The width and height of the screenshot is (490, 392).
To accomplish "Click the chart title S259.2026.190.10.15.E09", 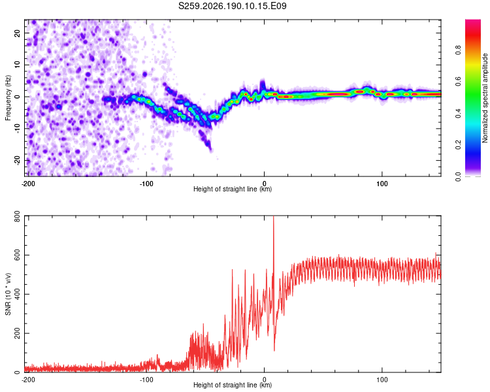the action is point(232,6).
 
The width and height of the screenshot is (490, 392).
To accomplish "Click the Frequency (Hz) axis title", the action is point(8,98).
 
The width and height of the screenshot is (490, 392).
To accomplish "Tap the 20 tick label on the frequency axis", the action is point(18,33).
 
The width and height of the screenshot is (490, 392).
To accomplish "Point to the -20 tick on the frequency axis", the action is point(18,160).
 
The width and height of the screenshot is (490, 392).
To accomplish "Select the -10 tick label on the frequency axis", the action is point(18,129).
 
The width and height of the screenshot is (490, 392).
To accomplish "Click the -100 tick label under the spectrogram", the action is point(146,184).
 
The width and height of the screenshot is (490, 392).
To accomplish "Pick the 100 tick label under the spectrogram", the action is point(382,184).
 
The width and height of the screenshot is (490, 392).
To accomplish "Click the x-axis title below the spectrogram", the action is point(233,189).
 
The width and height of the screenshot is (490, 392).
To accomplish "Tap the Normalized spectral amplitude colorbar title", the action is point(485,98).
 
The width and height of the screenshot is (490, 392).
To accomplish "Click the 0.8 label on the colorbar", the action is point(458,50).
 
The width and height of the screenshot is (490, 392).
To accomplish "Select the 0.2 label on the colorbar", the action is point(458,145).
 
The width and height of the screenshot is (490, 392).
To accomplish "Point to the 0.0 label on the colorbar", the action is point(458,176).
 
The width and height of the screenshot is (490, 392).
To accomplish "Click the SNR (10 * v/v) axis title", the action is point(8,294).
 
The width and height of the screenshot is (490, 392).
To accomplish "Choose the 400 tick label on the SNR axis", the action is point(18,294).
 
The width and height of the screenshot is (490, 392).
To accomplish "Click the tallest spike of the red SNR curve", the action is point(274,217).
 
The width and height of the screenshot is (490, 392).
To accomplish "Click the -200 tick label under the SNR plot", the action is point(28,380).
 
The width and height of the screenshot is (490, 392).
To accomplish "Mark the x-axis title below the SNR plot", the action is point(233,385).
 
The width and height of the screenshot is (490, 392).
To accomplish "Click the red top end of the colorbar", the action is point(473,21).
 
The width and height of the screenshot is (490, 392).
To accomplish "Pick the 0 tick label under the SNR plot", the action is point(264,380).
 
